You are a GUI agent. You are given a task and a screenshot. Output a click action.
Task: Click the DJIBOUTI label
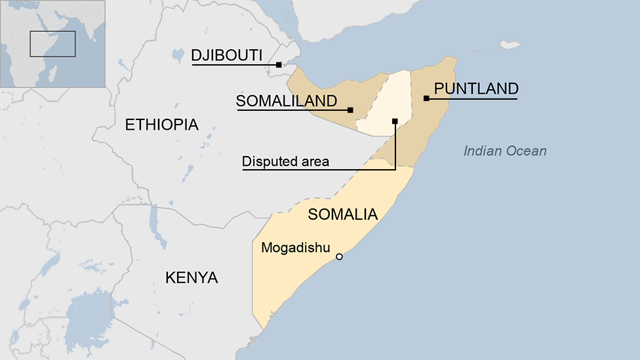227,55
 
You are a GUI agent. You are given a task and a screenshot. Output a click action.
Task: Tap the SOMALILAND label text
287,101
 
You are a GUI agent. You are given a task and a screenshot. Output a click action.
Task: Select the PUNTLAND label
476,89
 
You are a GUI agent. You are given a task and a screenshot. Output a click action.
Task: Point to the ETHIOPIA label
161,125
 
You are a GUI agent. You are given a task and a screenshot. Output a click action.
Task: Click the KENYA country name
191,277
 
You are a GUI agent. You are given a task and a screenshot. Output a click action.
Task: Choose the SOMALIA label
342,214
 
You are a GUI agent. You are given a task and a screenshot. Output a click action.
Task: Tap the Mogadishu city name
295,248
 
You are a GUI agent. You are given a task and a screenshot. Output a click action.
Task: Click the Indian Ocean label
505,151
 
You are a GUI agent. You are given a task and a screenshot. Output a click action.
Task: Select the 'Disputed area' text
285,161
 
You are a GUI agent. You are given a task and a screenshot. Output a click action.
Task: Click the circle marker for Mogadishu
339,256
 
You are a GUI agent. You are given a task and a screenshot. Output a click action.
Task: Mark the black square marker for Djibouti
279,64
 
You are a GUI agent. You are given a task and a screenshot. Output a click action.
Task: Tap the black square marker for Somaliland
350,110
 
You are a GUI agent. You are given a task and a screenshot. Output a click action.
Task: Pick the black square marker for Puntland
426,98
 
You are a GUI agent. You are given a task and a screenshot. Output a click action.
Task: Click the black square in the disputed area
395,121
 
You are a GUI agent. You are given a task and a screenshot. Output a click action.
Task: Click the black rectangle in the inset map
52,43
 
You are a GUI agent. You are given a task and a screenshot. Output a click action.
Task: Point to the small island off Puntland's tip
510,45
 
